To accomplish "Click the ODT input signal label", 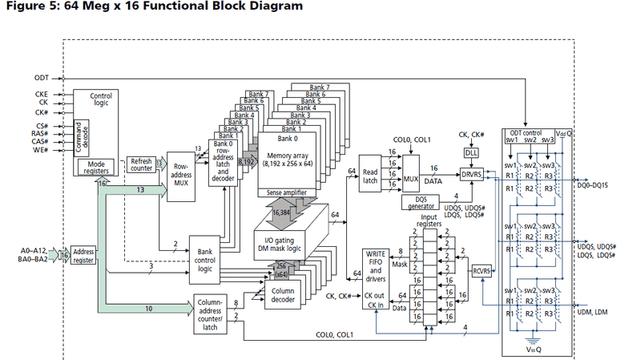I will [x=41, y=78].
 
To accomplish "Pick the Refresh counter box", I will [x=141, y=165].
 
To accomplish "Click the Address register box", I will [x=83, y=254].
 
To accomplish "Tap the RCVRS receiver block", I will [x=481, y=270].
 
